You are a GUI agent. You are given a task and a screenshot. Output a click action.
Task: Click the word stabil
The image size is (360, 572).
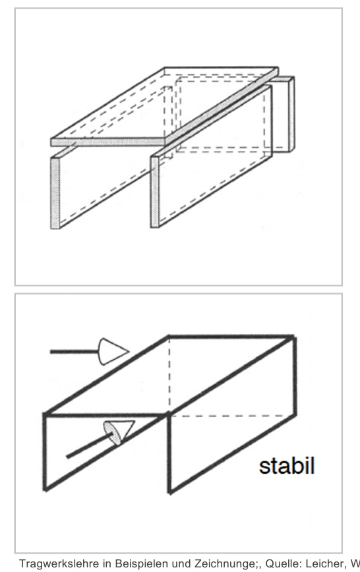coord(287,466)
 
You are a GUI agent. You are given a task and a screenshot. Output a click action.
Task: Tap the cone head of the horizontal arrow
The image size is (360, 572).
coord(113,351)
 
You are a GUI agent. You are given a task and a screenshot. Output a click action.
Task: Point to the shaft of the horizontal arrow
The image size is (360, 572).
coord(75,352)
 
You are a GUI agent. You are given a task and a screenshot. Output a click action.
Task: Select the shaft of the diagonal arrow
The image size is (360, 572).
coord(88,446)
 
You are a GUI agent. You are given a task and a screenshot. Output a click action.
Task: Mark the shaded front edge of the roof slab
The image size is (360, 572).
coord(108,142)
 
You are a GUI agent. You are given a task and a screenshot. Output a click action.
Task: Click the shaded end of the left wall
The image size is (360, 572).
coord(55,193)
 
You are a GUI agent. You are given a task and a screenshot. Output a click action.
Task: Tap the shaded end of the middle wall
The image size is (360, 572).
coord(155,192)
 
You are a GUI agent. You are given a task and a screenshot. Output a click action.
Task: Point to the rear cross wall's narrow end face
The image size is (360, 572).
coord(291,114)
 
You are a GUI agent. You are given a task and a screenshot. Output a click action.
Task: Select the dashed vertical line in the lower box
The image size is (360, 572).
coord(169,376)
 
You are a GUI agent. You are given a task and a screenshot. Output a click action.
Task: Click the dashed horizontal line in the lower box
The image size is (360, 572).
coord(232,416)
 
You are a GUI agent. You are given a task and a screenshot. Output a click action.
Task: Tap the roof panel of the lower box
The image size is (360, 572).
coord(169,375)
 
